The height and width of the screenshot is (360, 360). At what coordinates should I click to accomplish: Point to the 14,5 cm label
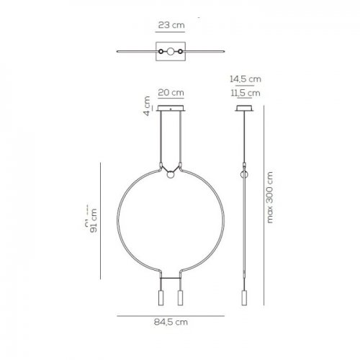click(x=245, y=80)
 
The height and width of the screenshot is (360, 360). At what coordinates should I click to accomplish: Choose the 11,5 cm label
click(x=245, y=92)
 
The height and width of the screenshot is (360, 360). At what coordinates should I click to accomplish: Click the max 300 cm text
click(x=271, y=197)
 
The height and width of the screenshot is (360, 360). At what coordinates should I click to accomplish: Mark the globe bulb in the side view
click(x=245, y=175)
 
